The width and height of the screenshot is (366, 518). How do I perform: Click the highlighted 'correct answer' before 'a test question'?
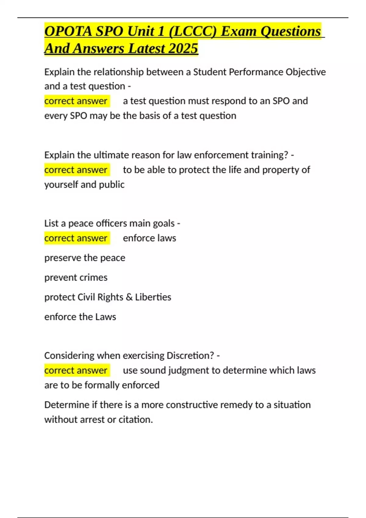pos(76,101)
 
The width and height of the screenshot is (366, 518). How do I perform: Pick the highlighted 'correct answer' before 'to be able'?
pos(76,170)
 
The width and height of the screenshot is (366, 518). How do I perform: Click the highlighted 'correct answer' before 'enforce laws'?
pos(76,238)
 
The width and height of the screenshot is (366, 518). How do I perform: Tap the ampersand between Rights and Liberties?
pos(129,297)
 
